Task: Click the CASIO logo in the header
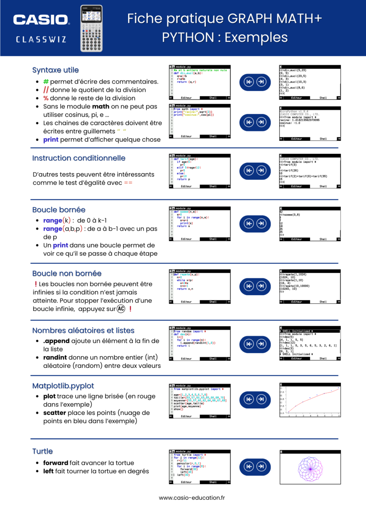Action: point(41,19)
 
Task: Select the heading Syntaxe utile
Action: point(55,70)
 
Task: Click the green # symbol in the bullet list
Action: point(46,82)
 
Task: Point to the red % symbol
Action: point(46,98)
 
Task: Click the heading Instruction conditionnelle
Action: point(79,158)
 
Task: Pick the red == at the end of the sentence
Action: point(128,183)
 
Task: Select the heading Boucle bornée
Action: point(59,210)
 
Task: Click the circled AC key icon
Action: point(121,309)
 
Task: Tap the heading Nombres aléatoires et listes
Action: point(83,330)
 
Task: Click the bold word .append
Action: point(56,341)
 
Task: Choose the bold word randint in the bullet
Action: point(55,357)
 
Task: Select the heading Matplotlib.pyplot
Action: point(63,386)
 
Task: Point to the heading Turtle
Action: point(42,451)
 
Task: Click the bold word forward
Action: point(55,463)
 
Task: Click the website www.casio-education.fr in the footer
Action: point(192,498)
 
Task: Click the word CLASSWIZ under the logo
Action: point(41,40)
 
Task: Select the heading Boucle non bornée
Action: point(67,273)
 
